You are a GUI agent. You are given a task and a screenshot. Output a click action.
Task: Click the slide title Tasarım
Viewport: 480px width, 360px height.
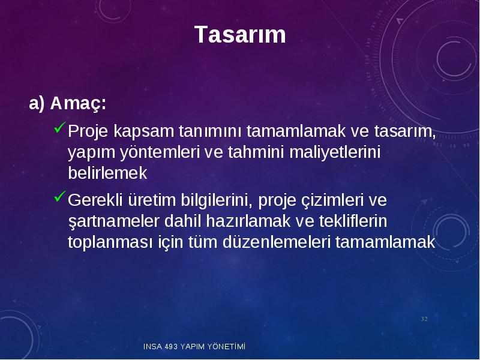coord(240,34)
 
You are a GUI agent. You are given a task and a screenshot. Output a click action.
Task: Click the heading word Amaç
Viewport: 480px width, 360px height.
coord(78,104)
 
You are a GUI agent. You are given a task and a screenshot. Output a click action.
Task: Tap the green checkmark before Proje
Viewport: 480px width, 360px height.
coord(60,127)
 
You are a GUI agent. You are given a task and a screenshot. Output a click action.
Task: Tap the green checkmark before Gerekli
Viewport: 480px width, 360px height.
coord(60,196)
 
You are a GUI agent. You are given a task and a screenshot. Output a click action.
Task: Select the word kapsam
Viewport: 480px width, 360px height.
coord(143,131)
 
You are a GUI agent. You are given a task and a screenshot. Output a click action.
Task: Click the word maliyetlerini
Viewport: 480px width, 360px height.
coord(335,152)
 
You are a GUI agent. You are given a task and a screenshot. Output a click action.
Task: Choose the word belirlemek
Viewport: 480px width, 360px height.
coord(107,173)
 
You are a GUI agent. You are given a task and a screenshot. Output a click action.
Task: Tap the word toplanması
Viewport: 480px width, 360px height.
coord(110,242)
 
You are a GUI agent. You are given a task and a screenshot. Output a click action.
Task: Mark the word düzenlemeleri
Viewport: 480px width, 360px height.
coord(277,242)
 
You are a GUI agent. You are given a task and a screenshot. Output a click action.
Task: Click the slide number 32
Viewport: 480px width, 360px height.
coord(424,319)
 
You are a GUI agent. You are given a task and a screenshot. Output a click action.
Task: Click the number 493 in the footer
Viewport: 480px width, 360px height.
coord(171,347)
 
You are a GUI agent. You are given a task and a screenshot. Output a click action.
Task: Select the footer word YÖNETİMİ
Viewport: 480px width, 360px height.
coord(226,346)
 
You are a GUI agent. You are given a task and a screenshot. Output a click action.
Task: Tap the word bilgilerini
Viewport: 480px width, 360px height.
coord(217,200)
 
